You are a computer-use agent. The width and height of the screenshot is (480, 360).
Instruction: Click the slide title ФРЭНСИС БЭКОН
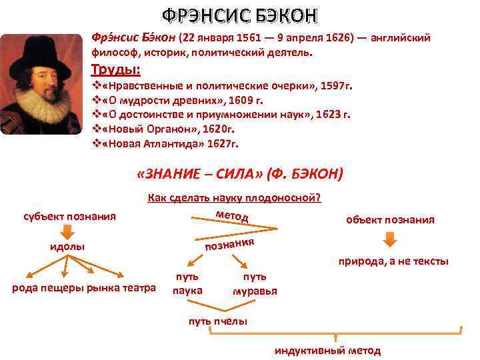click(x=240, y=15)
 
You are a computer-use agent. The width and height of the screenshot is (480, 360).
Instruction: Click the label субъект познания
click(x=69, y=216)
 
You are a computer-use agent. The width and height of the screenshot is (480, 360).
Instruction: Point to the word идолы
click(x=67, y=247)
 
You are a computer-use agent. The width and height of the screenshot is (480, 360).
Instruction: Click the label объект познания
click(x=390, y=219)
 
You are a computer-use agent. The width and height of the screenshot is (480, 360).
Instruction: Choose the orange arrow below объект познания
click(x=390, y=239)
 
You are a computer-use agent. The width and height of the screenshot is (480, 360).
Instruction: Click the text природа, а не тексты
click(x=393, y=261)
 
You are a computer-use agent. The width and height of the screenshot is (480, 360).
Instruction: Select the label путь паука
click(x=187, y=283)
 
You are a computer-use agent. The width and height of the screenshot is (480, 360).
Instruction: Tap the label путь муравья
click(x=255, y=283)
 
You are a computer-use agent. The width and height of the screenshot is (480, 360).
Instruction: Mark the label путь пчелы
click(x=217, y=321)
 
